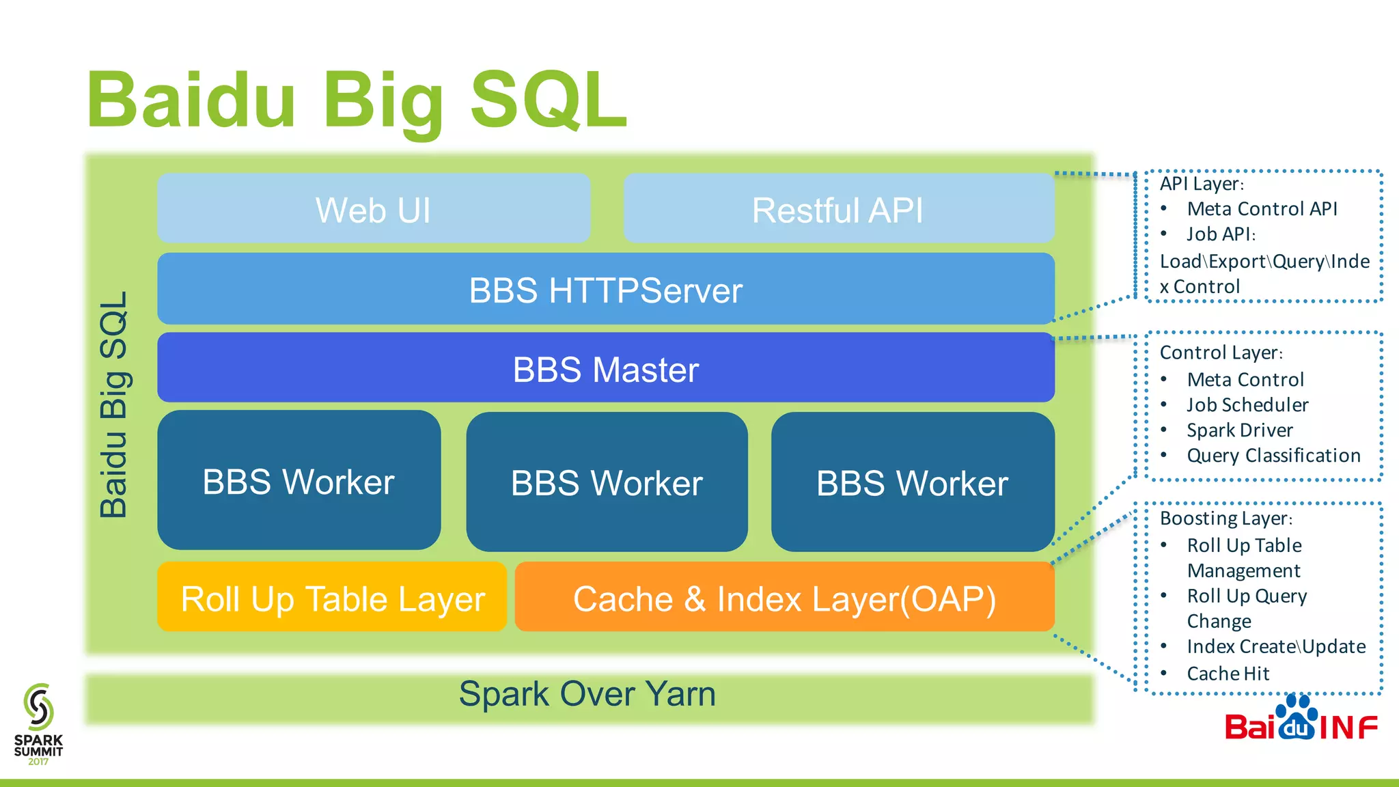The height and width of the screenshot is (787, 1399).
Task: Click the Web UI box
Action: pos(374,208)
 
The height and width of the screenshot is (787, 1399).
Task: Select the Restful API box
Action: pos(838,208)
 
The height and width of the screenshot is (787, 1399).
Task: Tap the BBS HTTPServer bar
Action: pos(605,290)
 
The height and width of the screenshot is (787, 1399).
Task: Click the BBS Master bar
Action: pos(605,369)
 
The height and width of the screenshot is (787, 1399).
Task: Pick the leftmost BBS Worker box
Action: pos(299,481)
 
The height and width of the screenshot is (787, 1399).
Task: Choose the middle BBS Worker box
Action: pos(607,482)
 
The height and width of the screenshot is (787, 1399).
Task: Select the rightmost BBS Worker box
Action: pos(912,482)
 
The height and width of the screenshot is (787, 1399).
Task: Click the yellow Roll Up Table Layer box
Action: pos(332,598)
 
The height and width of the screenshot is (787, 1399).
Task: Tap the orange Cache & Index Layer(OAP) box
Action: pos(784,598)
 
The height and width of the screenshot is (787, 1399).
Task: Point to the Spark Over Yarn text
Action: pos(587,694)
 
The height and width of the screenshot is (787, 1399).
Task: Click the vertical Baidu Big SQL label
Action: pos(114,404)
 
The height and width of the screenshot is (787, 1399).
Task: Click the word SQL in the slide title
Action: pos(549,100)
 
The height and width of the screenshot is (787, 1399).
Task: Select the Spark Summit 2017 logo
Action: pos(38,724)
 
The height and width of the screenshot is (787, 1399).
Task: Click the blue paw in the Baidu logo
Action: pos(1296,718)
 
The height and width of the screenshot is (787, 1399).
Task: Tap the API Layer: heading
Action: pos(1202,183)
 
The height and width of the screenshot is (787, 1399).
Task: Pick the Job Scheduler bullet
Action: pos(1247,404)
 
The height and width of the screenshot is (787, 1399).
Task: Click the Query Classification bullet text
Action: pos(1273,455)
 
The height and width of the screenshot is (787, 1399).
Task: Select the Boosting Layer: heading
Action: pos(1225,518)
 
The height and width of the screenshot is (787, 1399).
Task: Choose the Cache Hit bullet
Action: pos(1228,674)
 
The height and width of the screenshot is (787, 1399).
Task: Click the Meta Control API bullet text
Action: pos(1262,208)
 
